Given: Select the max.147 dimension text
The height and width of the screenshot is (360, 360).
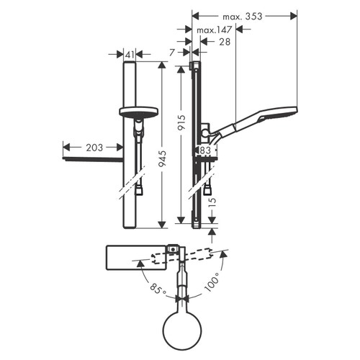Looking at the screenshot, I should pyautogui.click(x=215, y=30).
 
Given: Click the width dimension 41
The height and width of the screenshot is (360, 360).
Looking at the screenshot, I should pyautogui.click(x=129, y=54).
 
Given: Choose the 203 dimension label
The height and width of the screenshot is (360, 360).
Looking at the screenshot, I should pyautogui.click(x=93, y=147).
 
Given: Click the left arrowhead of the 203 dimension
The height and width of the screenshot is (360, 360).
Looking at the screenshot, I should pyautogui.click(x=67, y=147).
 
